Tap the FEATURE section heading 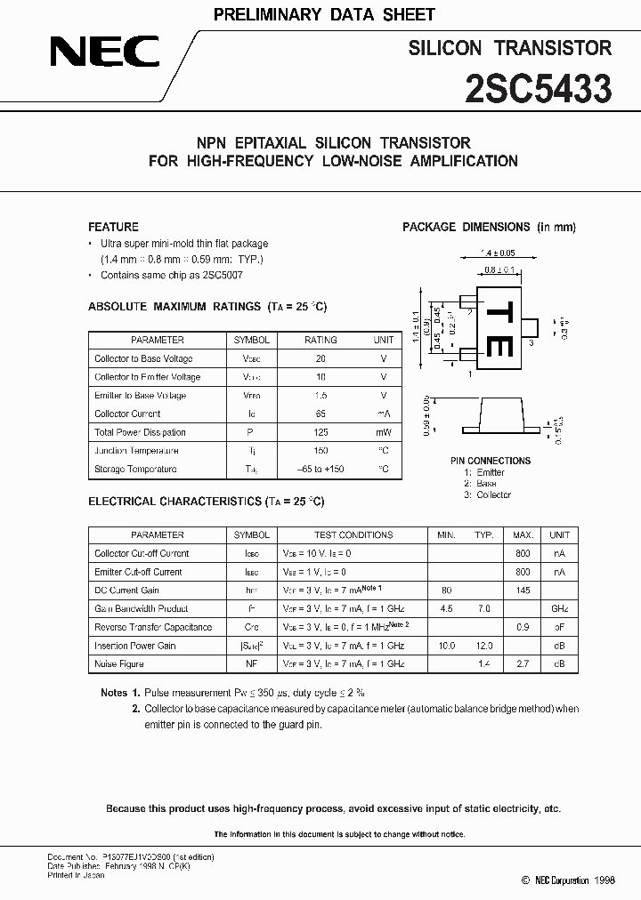point(113,227)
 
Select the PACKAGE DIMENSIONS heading point(489,227)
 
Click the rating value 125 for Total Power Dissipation point(320,432)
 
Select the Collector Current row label point(127,414)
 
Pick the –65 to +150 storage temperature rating point(320,469)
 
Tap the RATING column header point(320,340)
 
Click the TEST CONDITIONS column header point(353,534)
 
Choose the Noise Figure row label point(118,664)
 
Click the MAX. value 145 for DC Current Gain point(523,591)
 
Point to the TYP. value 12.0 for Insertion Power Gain point(483,646)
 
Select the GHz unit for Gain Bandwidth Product point(559,609)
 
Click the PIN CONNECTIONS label point(491,461)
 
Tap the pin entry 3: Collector point(488,494)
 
